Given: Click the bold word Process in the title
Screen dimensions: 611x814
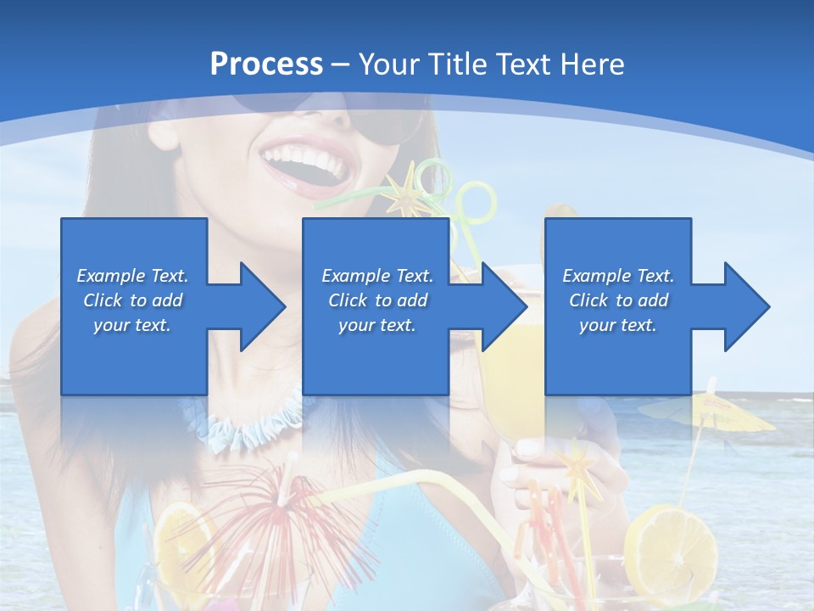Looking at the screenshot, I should coord(266,64).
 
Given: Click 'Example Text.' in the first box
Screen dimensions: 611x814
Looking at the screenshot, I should coord(132,276).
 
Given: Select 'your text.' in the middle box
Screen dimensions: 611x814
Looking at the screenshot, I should coord(376,325).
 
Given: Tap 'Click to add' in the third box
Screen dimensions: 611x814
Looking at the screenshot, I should coord(618,300).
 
